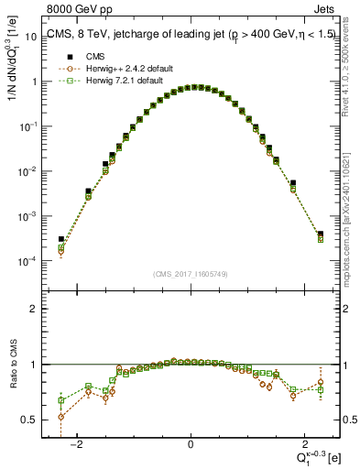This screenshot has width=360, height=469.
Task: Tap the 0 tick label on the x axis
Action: (191, 444)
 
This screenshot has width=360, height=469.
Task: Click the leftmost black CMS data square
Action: (60, 239)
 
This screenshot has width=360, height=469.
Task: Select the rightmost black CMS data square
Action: (321, 234)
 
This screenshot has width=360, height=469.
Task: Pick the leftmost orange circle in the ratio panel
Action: (60, 417)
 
